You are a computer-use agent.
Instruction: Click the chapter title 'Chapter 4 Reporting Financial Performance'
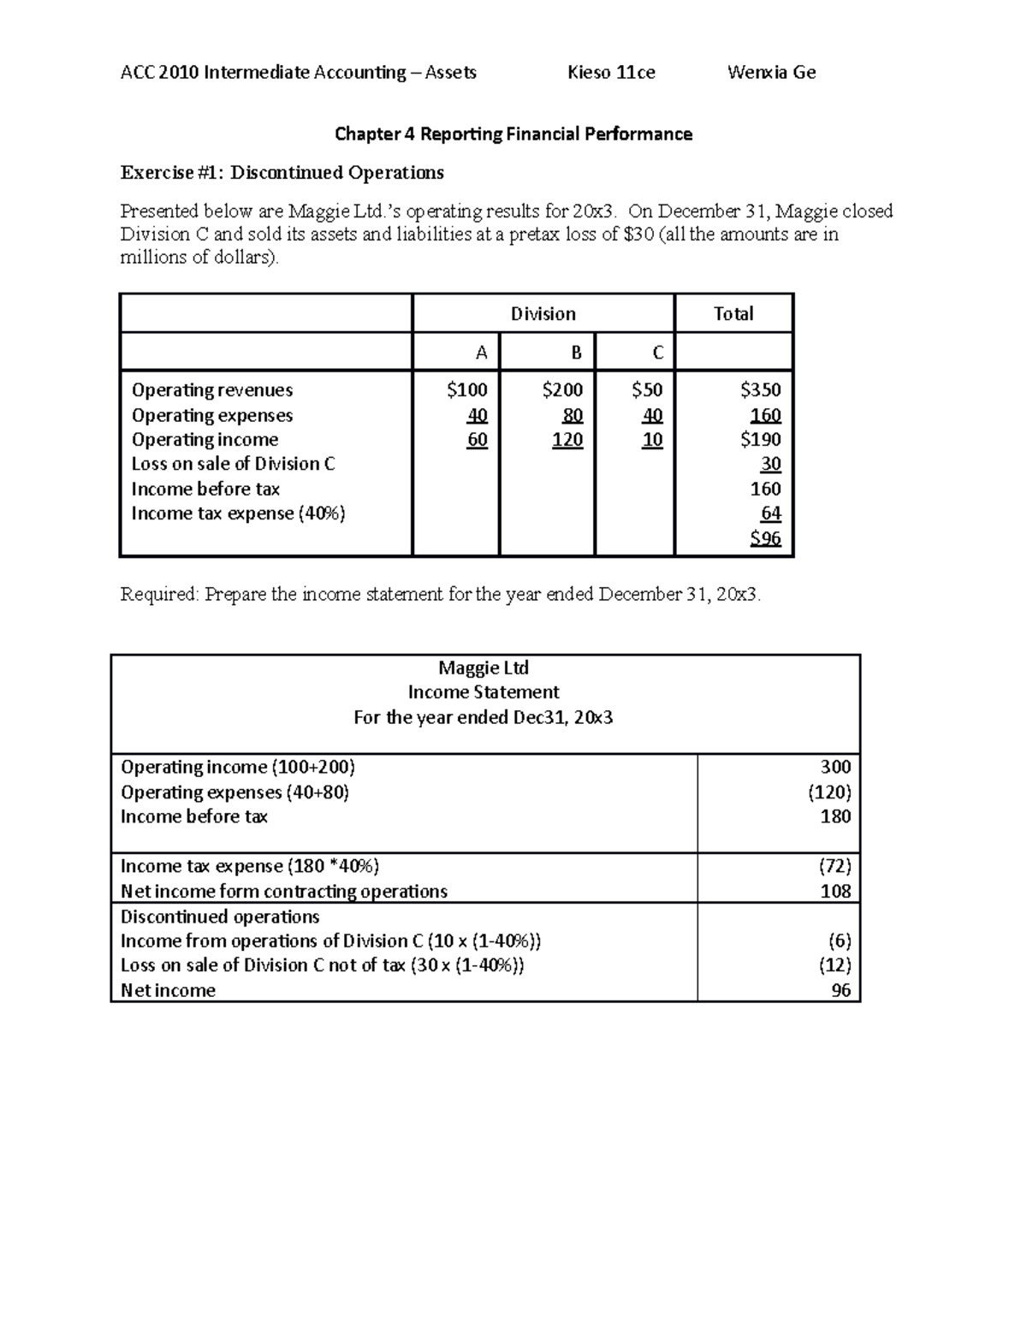coord(513,133)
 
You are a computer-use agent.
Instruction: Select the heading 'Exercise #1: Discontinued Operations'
coord(282,173)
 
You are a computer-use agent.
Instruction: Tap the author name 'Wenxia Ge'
coord(771,73)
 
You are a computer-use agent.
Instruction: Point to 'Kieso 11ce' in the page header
coord(611,73)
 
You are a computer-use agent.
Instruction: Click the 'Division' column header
coord(543,314)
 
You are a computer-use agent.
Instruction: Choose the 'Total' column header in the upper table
coord(733,314)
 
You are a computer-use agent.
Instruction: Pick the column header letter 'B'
coord(576,353)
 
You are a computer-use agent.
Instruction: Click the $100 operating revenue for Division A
coord(466,390)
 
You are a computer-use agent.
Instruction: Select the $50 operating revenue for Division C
coord(646,390)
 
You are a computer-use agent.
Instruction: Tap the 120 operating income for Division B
coord(567,440)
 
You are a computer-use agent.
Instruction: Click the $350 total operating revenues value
coord(760,390)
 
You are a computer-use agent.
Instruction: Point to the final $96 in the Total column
coord(765,538)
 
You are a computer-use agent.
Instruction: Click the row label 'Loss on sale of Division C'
coord(233,464)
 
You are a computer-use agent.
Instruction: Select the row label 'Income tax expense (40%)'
coord(238,513)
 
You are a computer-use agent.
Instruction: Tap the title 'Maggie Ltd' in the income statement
coord(484,667)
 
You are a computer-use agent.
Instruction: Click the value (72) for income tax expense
coord(834,866)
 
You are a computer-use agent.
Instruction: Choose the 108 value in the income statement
coord(835,891)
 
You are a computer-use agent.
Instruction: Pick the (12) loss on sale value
coord(834,965)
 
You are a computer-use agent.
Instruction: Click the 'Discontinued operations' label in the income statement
coord(220,917)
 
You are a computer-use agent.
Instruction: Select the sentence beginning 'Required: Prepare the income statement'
coord(440,594)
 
